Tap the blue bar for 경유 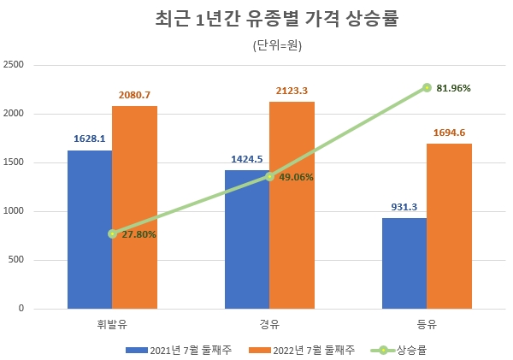247,239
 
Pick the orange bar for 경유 292,205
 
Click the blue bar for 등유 404,263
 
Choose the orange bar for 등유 449,226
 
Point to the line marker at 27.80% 112,233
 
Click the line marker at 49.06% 269,177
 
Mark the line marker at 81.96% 427,87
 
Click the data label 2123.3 292,91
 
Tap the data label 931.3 404,207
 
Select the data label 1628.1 90,139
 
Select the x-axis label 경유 269,323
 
